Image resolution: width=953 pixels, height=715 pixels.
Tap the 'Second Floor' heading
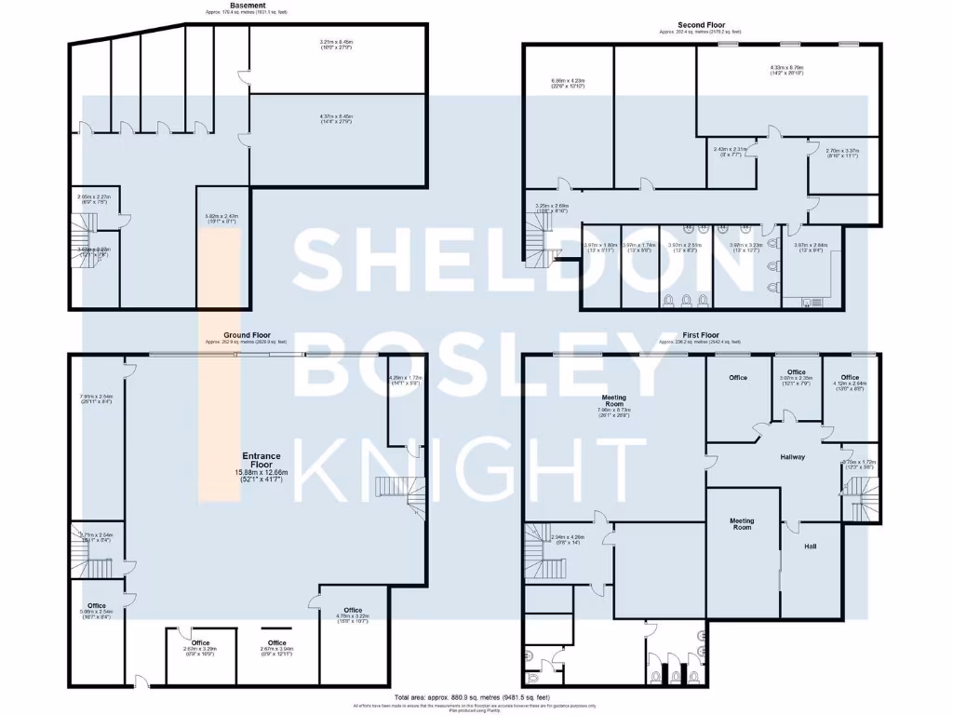(x=701, y=25)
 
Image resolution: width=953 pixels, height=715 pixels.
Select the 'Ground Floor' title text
(x=247, y=334)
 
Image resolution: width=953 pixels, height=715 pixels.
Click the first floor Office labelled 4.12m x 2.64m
(x=850, y=383)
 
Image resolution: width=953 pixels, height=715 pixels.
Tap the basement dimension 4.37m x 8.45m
(x=335, y=119)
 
